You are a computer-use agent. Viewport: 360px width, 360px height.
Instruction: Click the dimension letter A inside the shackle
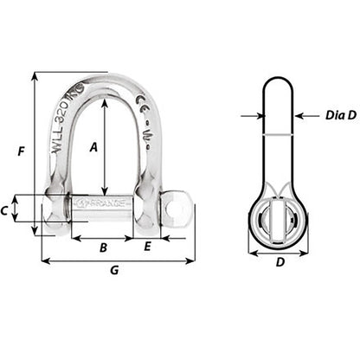click(94, 147)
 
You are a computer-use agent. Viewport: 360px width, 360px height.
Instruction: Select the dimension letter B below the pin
click(103, 247)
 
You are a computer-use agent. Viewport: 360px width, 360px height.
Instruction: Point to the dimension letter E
click(147, 247)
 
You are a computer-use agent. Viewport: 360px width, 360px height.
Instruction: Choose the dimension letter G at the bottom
click(115, 272)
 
